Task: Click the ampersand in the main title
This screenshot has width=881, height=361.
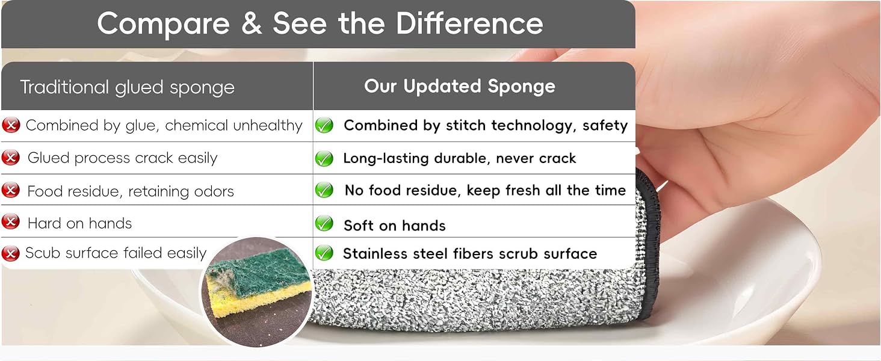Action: tap(252, 23)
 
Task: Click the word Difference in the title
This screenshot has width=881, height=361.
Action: tap(469, 23)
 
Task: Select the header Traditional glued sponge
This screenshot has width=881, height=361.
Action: tap(128, 87)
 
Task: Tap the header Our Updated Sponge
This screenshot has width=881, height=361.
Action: tap(459, 86)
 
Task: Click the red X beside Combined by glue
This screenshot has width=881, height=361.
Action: tap(11, 125)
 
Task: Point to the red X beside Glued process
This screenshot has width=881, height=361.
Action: tap(11, 158)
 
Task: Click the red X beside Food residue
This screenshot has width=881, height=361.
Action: tap(11, 190)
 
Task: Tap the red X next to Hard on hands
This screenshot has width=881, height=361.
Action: tap(11, 222)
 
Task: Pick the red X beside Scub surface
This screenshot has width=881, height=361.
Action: tap(11, 253)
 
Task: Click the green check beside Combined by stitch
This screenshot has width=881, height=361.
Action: tap(324, 125)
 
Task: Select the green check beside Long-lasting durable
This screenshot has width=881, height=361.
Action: tap(324, 158)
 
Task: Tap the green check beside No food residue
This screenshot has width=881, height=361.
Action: tap(324, 190)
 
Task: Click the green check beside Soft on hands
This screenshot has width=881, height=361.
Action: tap(324, 223)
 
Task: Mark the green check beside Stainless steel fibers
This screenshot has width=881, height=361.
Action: tap(324, 253)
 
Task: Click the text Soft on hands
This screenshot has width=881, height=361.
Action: tap(395, 226)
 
